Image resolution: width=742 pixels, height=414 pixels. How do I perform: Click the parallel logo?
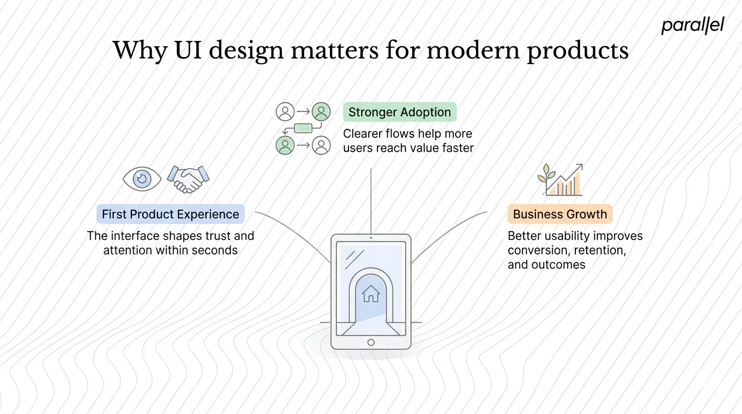point(692,25)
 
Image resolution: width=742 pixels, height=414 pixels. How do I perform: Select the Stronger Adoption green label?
point(400,112)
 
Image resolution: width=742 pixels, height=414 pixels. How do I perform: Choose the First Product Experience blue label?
point(170,214)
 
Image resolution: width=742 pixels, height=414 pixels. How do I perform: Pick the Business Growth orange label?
point(560,214)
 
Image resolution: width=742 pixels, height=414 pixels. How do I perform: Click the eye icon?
point(142,179)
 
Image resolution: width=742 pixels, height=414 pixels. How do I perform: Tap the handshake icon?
point(188,179)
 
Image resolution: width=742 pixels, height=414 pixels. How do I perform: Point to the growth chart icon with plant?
point(560,180)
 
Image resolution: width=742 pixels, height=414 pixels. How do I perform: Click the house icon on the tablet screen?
point(371,294)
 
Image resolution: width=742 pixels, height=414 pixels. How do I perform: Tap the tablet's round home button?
point(371,342)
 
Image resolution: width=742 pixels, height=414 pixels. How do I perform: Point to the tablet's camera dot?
point(371,238)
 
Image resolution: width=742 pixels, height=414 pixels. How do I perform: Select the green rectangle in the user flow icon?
point(303,128)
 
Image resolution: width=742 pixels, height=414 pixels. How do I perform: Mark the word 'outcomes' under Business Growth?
point(559,264)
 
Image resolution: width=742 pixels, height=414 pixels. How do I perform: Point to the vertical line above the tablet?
point(371,199)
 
